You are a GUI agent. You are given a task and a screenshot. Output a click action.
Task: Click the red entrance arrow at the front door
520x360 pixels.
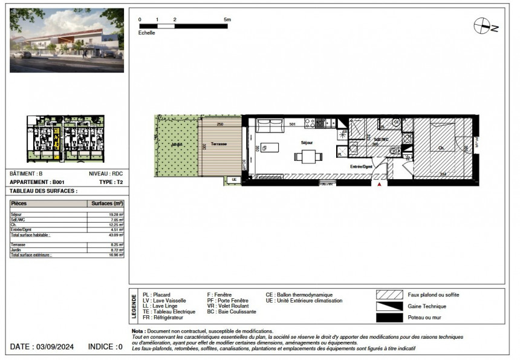tap(380, 185)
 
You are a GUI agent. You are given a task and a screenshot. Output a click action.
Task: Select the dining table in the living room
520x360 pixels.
tap(305, 156)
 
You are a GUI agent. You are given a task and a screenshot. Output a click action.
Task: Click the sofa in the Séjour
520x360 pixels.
tap(270, 126)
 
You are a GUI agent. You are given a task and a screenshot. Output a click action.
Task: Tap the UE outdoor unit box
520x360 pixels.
tap(234, 180)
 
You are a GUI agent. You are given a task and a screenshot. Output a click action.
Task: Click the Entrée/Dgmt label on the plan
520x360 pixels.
tap(361, 165)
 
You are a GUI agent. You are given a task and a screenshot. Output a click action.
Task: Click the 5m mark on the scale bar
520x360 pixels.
tap(227, 19)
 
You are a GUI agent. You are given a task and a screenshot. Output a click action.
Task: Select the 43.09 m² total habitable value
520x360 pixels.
tap(115, 234)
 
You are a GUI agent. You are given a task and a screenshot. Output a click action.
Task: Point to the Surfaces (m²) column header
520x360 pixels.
tap(106, 204)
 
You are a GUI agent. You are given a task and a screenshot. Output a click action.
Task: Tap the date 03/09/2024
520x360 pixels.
tap(59, 347)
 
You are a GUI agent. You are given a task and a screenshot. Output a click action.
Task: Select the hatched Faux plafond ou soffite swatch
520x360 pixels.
tap(389, 295)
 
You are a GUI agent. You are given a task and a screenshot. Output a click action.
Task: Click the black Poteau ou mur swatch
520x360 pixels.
tap(389, 318)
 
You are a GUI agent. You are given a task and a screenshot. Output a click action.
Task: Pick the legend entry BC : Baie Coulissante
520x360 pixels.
tap(232, 312)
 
